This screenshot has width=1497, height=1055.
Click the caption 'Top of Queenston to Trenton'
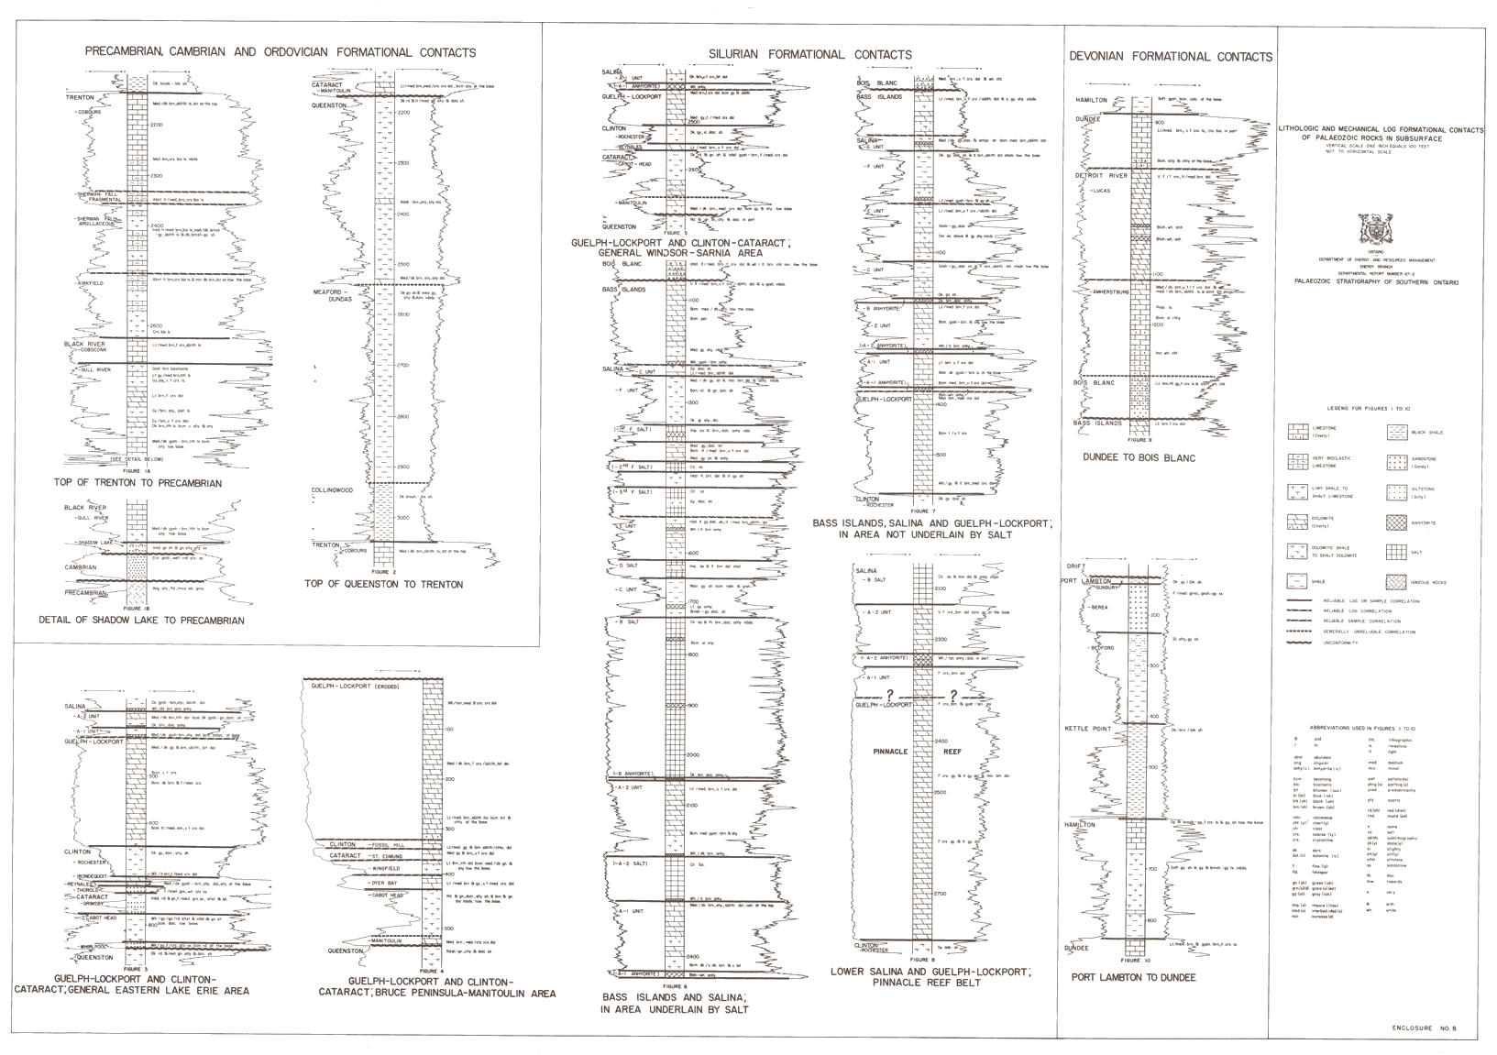[x=383, y=584]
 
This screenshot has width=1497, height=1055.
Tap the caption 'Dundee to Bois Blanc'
[x=1139, y=457]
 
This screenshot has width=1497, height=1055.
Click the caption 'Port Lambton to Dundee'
[x=1133, y=977]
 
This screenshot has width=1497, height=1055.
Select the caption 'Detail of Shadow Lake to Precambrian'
[x=141, y=621]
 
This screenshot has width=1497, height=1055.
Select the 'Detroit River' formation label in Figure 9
[x=1106, y=175]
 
